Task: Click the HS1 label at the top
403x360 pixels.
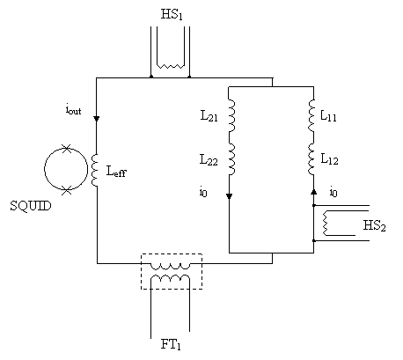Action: (172, 14)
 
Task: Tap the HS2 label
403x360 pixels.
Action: (374, 225)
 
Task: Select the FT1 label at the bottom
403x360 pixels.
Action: (171, 344)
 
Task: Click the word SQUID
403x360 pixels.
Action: (31, 206)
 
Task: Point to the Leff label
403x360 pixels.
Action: (116, 172)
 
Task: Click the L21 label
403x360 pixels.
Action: (209, 116)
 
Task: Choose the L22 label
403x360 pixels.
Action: (209, 160)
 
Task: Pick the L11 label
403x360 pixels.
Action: (328, 116)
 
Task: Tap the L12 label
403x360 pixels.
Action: (329, 159)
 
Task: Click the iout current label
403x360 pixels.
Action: (73, 110)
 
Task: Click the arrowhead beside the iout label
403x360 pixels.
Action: (97, 119)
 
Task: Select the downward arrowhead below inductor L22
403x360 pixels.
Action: (229, 196)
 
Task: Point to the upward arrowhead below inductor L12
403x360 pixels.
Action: (313, 192)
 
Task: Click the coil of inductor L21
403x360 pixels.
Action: (231, 115)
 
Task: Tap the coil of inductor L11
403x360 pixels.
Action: (311, 115)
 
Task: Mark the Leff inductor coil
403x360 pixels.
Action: (94, 170)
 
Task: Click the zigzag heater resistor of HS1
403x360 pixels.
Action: (171, 66)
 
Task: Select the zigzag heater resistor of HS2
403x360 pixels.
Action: (326, 224)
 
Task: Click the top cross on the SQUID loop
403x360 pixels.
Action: (67, 148)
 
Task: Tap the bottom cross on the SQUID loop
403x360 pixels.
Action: (67, 191)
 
